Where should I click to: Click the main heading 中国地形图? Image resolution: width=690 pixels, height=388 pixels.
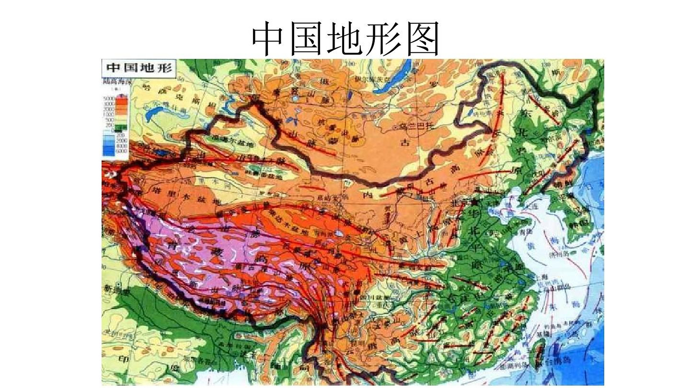point(345,38)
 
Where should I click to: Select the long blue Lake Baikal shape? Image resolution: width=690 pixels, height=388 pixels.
point(394,77)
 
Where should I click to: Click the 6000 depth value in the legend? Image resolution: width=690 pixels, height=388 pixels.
point(122,151)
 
